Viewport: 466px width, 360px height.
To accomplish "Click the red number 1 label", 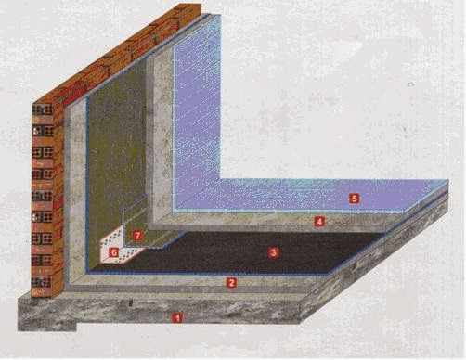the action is [x=177, y=318].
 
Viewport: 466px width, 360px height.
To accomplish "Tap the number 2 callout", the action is [x=231, y=282].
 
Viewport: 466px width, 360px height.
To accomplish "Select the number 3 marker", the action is [x=274, y=252].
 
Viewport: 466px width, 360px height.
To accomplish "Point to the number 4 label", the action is [x=319, y=222].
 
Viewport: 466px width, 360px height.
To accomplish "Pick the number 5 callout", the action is [x=355, y=199].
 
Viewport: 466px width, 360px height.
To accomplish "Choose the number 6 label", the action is [x=114, y=252].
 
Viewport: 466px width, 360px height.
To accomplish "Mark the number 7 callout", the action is [x=137, y=236].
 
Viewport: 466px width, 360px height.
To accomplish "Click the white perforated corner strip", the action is [x=119, y=248].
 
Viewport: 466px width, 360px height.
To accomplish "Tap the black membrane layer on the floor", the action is [x=248, y=253].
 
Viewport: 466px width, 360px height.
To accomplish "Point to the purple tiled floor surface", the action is [x=309, y=196].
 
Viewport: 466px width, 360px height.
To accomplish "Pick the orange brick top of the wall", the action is [x=119, y=53].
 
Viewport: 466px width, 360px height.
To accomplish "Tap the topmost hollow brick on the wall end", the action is [x=43, y=109].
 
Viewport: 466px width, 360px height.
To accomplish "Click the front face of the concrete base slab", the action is [x=160, y=313].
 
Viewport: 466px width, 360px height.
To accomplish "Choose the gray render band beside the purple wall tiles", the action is [x=162, y=133].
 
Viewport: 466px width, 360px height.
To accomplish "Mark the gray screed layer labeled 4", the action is [x=278, y=222].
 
